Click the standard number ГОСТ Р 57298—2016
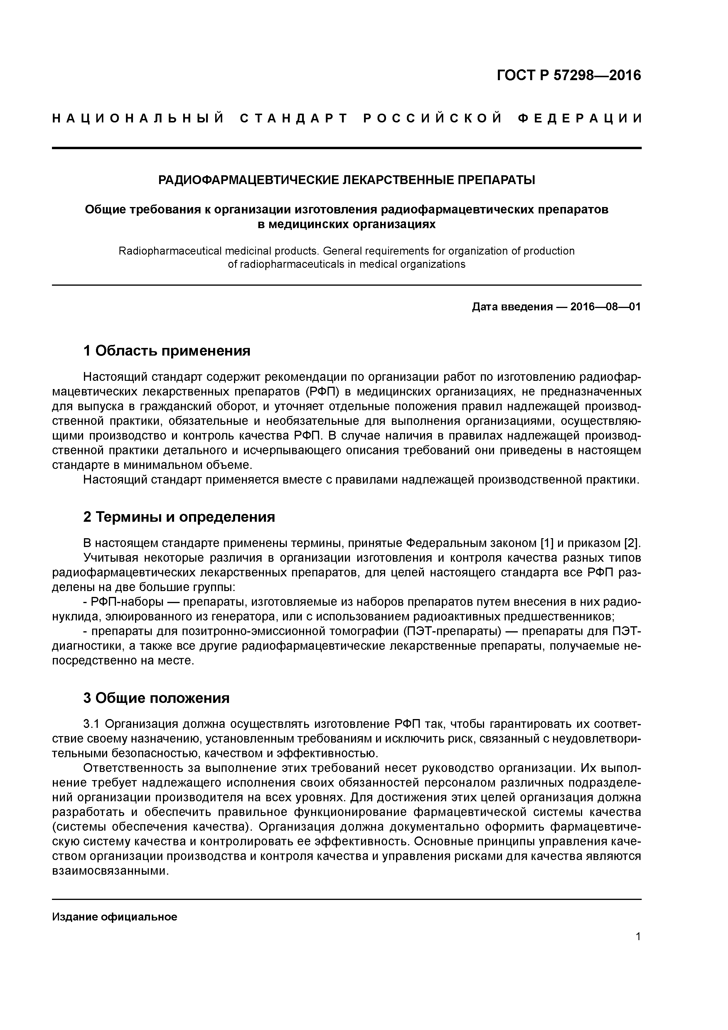click(x=569, y=75)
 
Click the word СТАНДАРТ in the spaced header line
click(x=294, y=118)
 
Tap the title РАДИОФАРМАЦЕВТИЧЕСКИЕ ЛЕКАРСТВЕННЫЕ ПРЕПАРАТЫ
click(x=347, y=180)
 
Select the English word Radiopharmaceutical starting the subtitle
click(x=170, y=251)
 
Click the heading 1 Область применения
click(x=167, y=351)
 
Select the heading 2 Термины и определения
click(x=179, y=517)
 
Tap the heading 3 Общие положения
click(x=156, y=698)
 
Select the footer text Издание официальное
click(x=115, y=917)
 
